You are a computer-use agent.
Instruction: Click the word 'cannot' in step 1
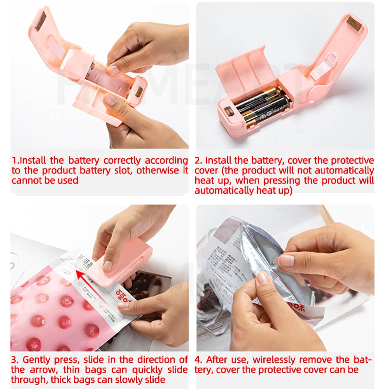point(25,180)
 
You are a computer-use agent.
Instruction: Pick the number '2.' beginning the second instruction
point(198,160)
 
